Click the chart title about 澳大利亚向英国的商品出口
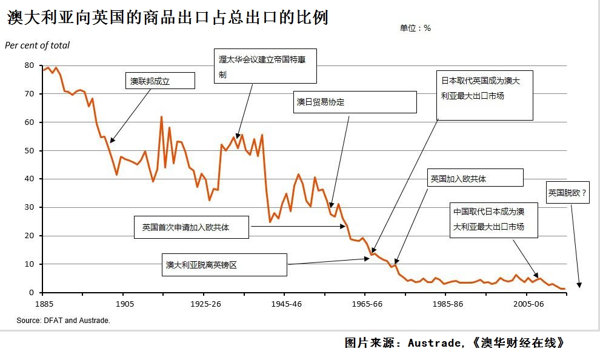[168, 18]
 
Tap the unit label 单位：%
[415, 28]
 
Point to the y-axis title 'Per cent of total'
[37, 45]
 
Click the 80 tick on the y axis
[29, 65]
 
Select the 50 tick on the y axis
[29, 151]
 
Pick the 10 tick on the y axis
[29, 264]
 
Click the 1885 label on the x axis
[43, 303]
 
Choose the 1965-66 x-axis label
[365, 303]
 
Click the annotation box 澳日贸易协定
[355, 102]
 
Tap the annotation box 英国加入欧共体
[475, 178]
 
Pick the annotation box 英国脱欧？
[568, 193]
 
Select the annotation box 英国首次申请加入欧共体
[191, 227]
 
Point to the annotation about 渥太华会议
[267, 66]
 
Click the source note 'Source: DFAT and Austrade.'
[63, 321]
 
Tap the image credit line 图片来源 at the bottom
[455, 343]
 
